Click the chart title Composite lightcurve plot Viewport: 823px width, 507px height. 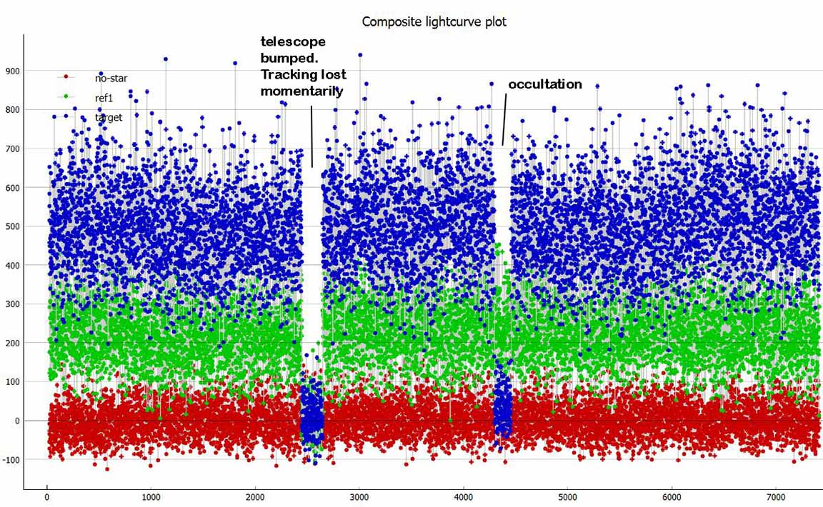coord(434,21)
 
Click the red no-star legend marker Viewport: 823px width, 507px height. coord(65,76)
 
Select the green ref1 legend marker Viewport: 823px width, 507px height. coord(65,96)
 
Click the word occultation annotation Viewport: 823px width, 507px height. coord(545,84)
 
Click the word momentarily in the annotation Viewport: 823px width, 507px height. coord(301,91)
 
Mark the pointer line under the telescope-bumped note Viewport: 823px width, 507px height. coord(311,136)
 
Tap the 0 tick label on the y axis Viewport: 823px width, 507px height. coord(18,421)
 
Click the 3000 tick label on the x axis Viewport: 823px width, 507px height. coord(359,497)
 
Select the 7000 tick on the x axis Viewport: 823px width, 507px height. coord(776,497)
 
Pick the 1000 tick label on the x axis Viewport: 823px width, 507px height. coord(151,497)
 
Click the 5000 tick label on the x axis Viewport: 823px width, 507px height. coord(567,497)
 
